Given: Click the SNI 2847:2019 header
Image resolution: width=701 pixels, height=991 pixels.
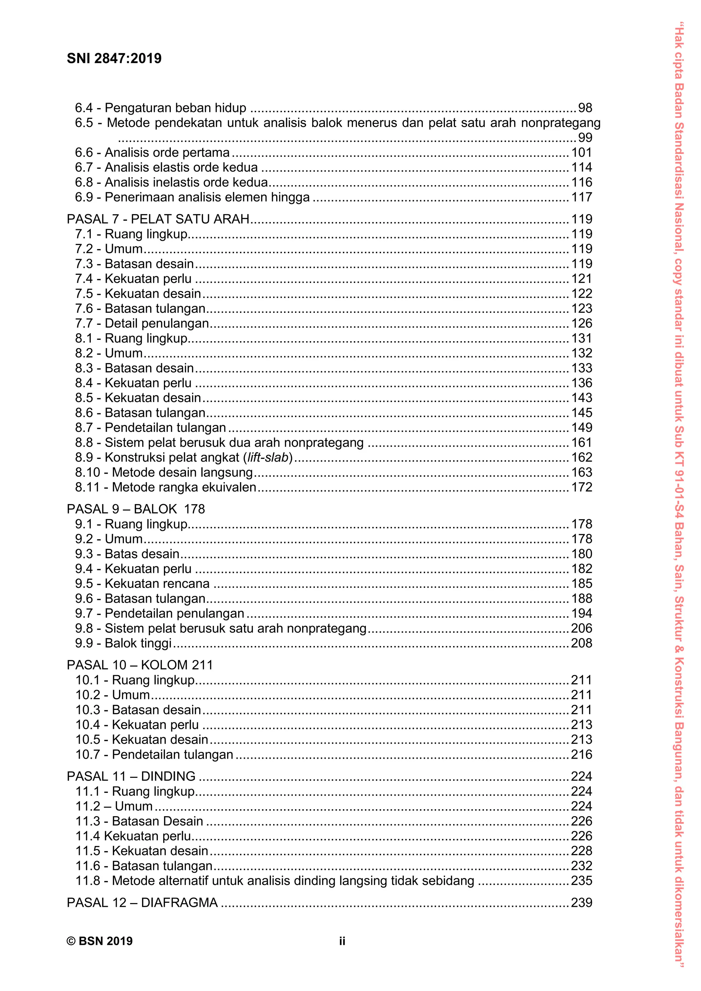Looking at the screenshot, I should click(x=114, y=58).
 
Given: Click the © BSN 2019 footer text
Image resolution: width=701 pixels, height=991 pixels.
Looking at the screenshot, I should click(x=99, y=941).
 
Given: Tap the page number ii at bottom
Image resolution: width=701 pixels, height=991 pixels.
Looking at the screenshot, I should click(x=342, y=941).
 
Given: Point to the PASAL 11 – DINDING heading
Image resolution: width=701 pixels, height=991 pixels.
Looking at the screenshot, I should click(x=131, y=776).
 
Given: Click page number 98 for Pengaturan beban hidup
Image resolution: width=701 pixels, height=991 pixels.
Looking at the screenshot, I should click(x=585, y=107).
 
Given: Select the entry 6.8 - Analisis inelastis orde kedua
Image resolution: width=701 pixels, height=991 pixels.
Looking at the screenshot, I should click(x=171, y=182).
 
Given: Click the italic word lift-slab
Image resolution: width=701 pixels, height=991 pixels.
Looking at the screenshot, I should click(x=268, y=457).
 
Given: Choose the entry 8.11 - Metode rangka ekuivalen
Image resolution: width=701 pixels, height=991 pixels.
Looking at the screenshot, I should click(x=165, y=487).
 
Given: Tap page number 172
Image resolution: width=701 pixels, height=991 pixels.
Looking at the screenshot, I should click(x=582, y=487).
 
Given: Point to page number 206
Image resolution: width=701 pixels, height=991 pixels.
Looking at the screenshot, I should click(x=582, y=628).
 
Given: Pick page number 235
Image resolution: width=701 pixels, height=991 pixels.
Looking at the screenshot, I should click(x=582, y=880).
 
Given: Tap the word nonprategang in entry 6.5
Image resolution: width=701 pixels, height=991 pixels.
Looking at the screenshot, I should click(x=561, y=123).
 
